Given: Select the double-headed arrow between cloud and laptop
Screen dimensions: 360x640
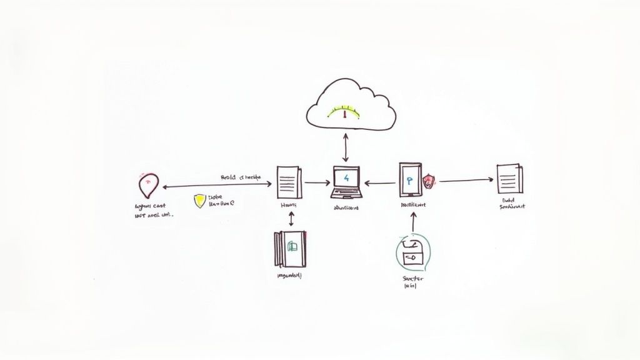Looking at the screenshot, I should point(346,149).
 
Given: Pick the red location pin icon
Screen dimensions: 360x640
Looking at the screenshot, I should point(147,184).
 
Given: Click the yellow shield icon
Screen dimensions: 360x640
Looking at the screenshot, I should point(199,201).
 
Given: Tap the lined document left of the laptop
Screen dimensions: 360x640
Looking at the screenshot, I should point(289,182).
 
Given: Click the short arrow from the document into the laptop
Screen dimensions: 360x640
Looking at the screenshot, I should point(317,183).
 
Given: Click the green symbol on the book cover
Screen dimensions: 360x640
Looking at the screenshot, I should point(291,247).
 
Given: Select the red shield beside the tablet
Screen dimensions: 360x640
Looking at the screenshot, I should point(429,181).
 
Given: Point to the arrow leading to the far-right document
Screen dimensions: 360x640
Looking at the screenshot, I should point(466,181).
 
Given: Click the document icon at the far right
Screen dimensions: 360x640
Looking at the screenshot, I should point(509,179).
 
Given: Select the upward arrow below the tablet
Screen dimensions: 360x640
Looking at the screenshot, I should point(413,224).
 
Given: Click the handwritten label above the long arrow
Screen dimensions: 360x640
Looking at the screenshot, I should point(241,177).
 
